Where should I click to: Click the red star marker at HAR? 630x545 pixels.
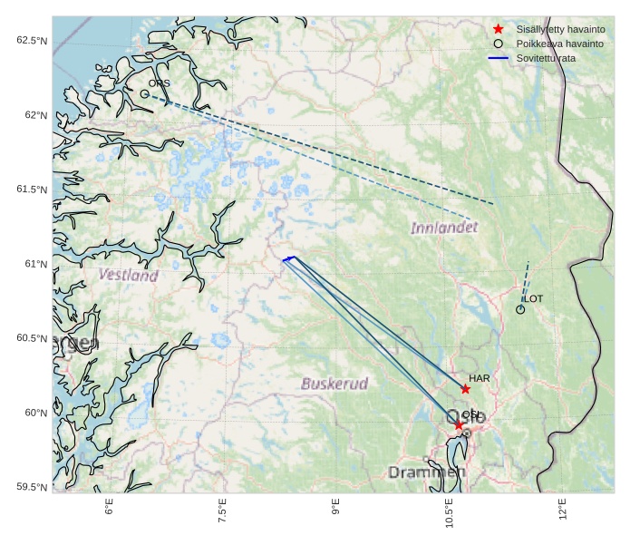(x=466, y=389)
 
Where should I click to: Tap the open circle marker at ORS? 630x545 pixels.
(x=144, y=93)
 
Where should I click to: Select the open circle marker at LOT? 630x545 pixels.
(x=520, y=310)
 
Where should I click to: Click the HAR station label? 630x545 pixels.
(x=479, y=378)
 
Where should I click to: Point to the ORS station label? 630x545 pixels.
(x=159, y=83)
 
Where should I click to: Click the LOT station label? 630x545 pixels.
(x=534, y=299)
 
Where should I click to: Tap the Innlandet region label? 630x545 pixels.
(x=443, y=228)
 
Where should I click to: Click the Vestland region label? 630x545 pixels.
(x=128, y=275)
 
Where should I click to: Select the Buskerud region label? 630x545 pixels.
(x=334, y=384)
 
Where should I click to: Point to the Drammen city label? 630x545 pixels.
(x=426, y=472)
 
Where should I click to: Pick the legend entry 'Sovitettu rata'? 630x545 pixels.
(x=546, y=58)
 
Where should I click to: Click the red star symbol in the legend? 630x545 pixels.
(x=498, y=30)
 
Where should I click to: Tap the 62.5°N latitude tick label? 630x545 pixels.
(x=31, y=41)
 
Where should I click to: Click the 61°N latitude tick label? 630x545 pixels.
(x=34, y=264)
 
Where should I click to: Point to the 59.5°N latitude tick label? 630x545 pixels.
(x=31, y=488)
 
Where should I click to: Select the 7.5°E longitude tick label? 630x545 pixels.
(x=222, y=511)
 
